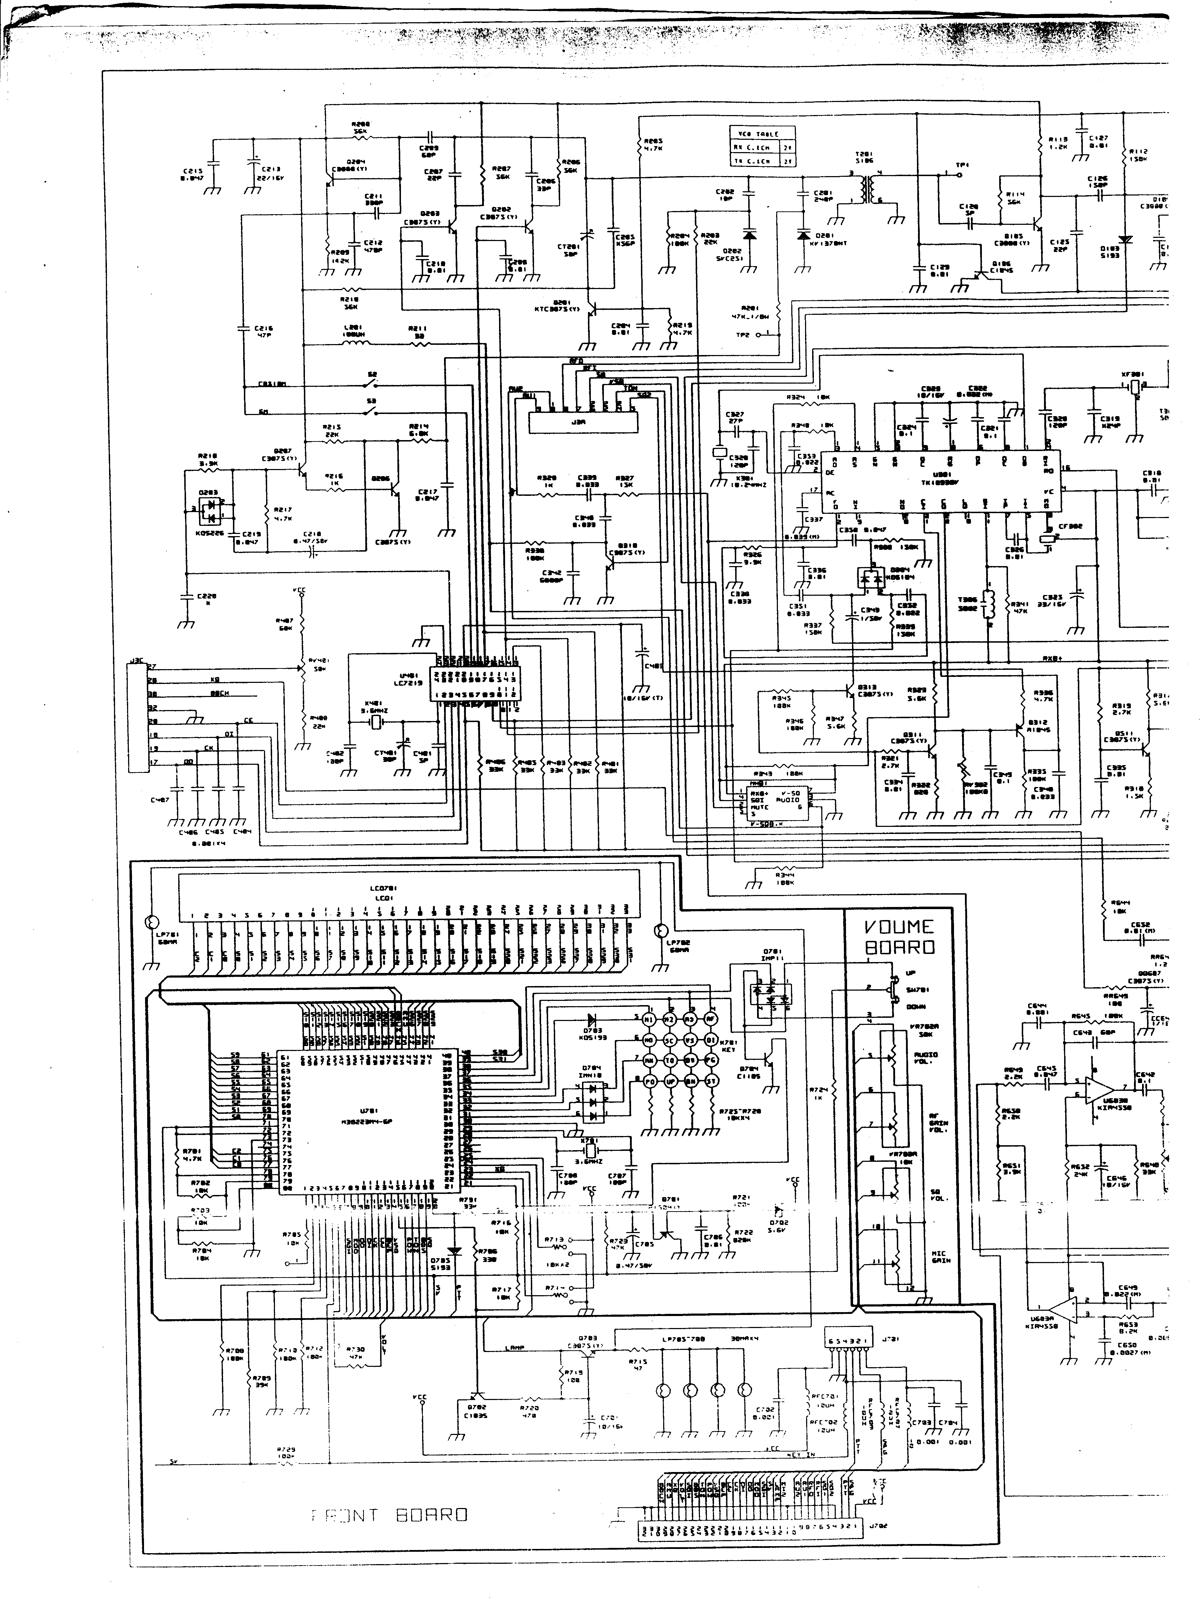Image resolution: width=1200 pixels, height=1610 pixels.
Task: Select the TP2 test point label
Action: point(742,335)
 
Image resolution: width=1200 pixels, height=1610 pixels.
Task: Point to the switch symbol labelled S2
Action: point(372,383)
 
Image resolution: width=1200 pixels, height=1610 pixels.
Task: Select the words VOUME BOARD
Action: point(899,937)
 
